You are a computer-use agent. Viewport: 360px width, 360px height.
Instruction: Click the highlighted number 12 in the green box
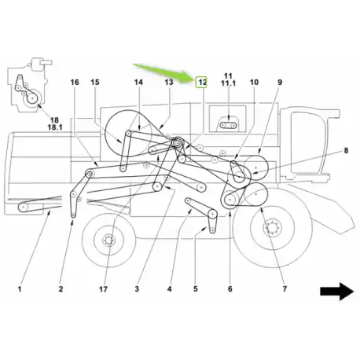pos(202,83)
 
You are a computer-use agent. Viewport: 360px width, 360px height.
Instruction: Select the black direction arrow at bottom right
pos(337,291)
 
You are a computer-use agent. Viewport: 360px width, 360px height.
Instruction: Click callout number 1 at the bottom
pos(20,289)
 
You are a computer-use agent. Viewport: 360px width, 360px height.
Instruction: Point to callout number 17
pos(103,289)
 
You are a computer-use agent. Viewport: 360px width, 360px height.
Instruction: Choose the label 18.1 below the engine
pos(55,127)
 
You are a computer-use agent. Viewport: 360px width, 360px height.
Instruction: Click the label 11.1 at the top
pos(228,83)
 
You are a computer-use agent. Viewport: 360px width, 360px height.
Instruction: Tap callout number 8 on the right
pos(346,151)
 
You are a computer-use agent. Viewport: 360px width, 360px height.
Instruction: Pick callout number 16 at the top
pos(75,83)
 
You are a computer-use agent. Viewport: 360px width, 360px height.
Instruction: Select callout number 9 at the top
pos(280,83)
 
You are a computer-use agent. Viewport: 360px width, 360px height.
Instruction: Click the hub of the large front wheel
pos(273,228)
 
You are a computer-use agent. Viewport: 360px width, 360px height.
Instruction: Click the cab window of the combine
pos(307,143)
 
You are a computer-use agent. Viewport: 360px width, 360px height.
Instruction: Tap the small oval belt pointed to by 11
pos(228,126)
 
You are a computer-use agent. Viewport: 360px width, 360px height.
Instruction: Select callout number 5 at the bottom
pos(196,289)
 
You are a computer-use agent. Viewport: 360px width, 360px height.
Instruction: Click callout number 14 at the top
pos(138,83)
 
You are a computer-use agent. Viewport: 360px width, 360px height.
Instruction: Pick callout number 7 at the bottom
pos(285,289)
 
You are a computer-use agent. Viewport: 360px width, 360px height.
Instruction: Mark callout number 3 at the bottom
pos(137,289)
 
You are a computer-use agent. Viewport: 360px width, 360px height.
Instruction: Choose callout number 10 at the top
pos(254,83)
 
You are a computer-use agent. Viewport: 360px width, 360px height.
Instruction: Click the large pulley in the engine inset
pos(32,97)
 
